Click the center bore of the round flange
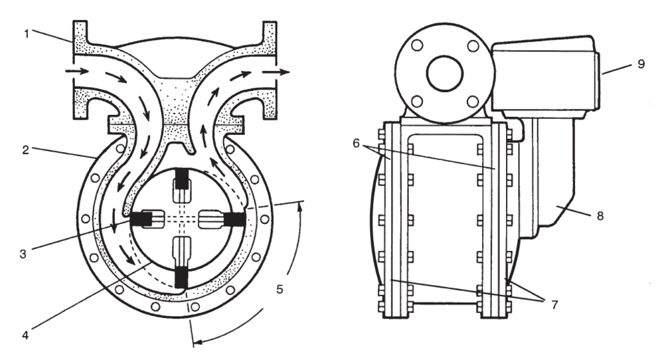click(444, 74)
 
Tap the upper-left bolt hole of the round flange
click(416, 46)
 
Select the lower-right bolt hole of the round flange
click(472, 102)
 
